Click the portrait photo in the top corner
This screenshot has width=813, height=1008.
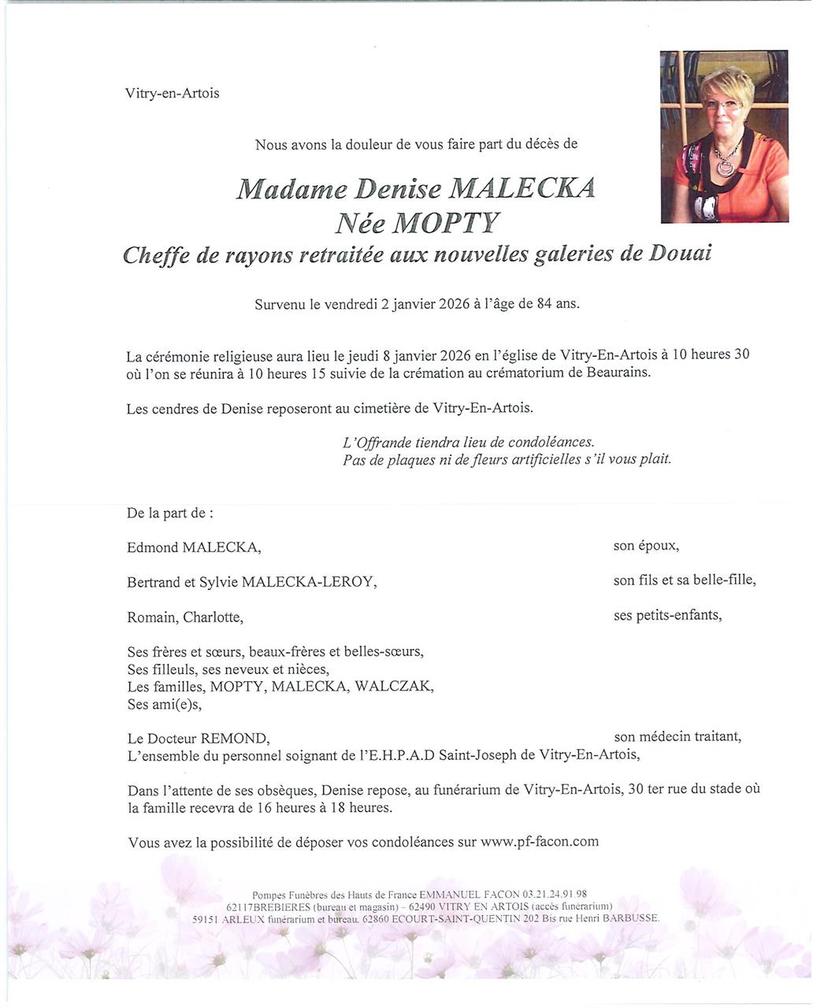pos(724,136)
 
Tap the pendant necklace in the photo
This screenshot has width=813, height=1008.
pos(724,166)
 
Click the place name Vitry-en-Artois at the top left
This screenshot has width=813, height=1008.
pos(172,94)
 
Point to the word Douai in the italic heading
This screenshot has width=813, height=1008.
pos(681,255)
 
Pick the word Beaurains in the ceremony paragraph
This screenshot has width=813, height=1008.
pos(618,373)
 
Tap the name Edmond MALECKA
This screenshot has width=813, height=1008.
pos(193,547)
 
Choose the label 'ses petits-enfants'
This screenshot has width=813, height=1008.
pos(667,615)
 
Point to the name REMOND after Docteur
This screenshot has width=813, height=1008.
pos(235,739)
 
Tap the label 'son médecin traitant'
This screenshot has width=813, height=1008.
pos(677,737)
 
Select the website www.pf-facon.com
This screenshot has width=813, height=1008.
pos(539,842)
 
